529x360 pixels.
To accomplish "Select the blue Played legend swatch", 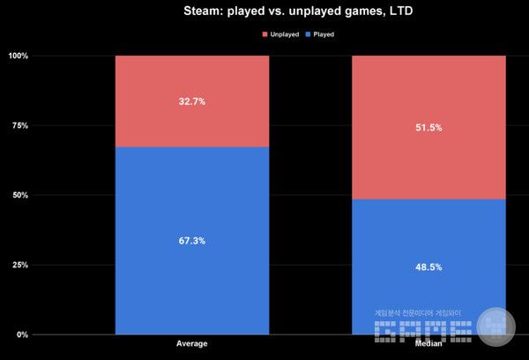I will [305, 34].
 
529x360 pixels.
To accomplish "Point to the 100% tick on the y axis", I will [19, 56].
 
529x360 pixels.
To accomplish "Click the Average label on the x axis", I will [191, 342].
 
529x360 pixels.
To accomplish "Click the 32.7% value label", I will [191, 101].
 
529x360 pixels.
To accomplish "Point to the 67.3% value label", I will [191, 241].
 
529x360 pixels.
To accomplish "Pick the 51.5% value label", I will [428, 128].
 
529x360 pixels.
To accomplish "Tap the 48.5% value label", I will [428, 266].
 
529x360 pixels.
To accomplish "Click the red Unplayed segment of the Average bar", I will [191, 79].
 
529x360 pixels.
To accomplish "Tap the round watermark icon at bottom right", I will [496, 326].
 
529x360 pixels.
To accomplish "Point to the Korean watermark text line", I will [418, 312].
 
